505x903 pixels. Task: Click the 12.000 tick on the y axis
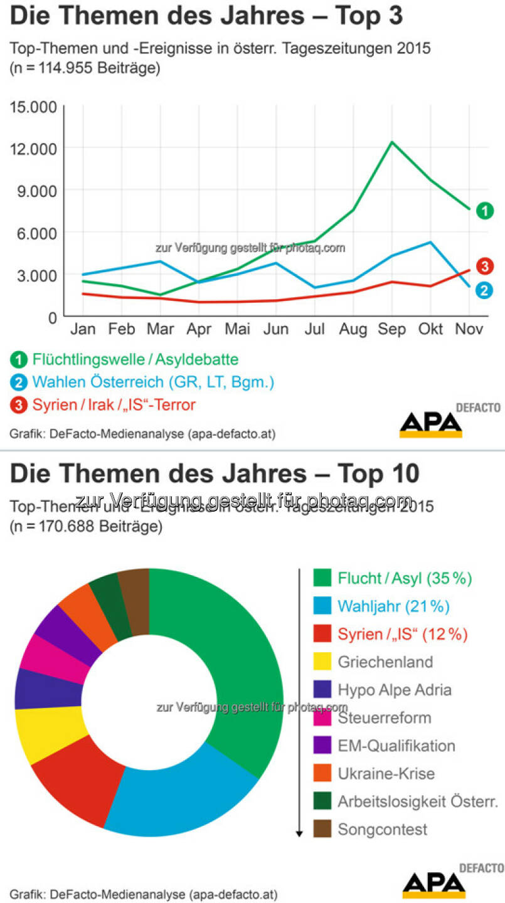34,149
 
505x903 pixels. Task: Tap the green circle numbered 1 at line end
484,211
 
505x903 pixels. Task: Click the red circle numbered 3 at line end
484,266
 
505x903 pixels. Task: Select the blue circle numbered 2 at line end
484,289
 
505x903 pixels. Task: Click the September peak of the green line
391,142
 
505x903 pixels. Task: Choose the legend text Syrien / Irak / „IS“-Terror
114,405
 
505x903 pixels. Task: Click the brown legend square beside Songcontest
322,829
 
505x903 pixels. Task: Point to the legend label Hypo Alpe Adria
394,690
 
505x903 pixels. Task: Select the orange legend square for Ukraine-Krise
322,773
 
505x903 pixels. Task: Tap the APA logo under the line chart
431,424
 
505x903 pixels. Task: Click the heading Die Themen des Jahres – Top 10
214,474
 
